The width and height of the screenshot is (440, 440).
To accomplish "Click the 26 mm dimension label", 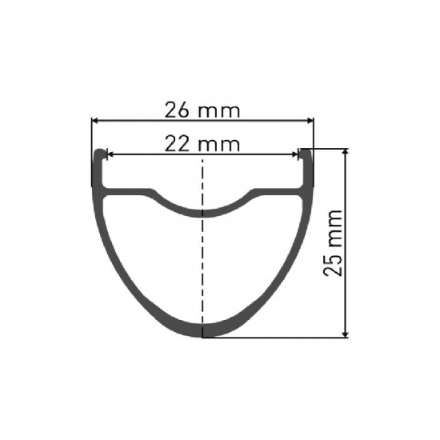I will [202, 110].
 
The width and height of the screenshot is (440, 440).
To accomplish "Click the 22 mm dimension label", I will [202, 144].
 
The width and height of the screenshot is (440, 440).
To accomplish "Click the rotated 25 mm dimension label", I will [333, 242].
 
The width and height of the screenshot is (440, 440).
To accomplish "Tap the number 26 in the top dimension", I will [178, 110].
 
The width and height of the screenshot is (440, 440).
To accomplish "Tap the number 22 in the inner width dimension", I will [178, 144].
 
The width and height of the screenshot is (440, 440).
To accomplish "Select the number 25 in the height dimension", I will [333, 264].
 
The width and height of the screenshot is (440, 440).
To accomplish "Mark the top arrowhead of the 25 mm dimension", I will [346, 152].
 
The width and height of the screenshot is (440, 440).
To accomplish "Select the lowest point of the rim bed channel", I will [202, 212].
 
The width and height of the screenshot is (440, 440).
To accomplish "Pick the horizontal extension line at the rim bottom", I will [280, 337].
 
